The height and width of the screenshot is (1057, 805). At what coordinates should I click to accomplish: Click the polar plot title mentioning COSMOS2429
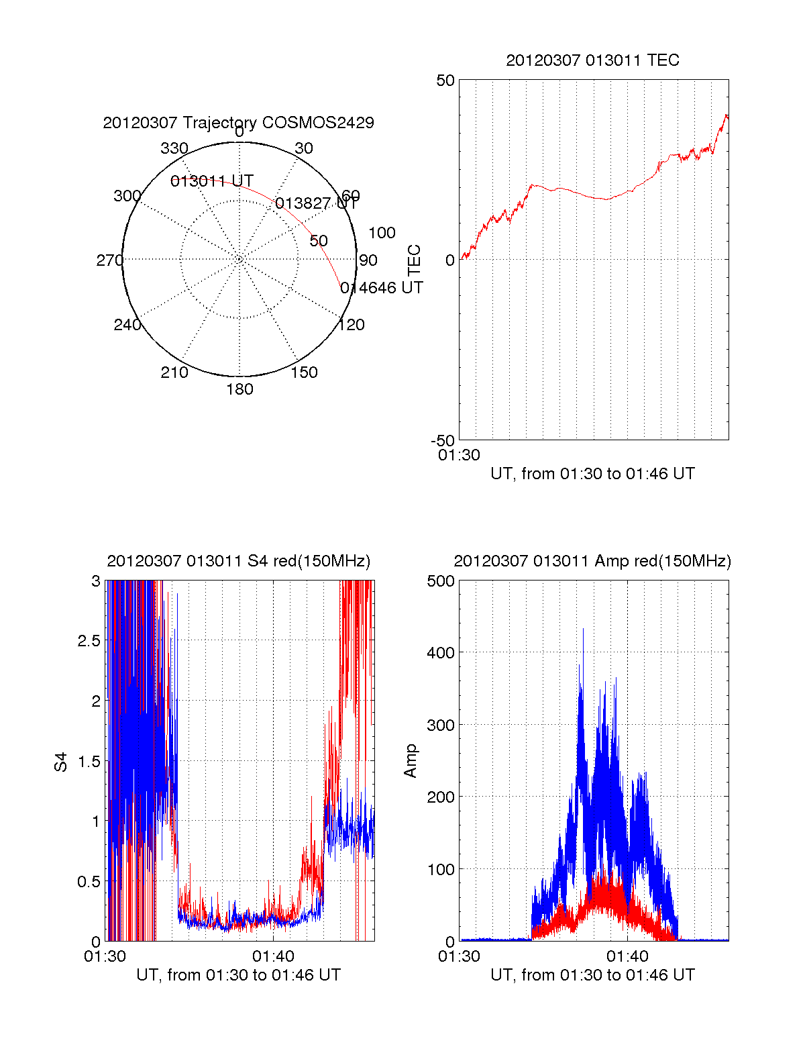(x=238, y=123)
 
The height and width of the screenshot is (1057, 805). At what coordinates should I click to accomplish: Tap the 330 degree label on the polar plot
(x=174, y=148)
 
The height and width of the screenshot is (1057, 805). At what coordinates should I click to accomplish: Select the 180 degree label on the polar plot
(x=239, y=389)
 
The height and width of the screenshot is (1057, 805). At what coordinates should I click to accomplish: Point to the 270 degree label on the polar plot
(x=109, y=260)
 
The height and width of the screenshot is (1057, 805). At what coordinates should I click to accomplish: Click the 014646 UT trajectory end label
(x=382, y=288)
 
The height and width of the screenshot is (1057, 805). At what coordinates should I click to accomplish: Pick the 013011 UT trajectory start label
(x=212, y=181)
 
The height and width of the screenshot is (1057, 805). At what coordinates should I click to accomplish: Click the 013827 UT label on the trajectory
(x=317, y=203)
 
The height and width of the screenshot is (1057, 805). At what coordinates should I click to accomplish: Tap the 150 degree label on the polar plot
(x=304, y=372)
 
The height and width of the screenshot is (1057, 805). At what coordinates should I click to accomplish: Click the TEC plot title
(x=592, y=60)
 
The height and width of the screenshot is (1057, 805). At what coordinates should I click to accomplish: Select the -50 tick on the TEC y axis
(x=443, y=441)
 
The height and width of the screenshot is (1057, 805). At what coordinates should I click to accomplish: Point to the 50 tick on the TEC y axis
(x=445, y=81)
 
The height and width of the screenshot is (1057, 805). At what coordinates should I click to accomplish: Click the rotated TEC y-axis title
(x=415, y=260)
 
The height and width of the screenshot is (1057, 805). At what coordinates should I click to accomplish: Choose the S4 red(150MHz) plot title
(x=238, y=561)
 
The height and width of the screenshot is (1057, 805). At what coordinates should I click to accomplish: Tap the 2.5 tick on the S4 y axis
(x=89, y=641)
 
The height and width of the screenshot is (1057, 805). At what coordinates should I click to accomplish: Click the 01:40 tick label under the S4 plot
(x=273, y=956)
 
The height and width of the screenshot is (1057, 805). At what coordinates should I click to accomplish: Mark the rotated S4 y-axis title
(x=61, y=762)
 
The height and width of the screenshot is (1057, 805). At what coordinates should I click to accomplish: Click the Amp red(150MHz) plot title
(x=592, y=561)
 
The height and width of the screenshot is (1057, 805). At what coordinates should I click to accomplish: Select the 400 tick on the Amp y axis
(x=441, y=652)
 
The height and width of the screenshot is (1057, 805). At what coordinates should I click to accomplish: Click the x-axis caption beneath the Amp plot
(x=592, y=975)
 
